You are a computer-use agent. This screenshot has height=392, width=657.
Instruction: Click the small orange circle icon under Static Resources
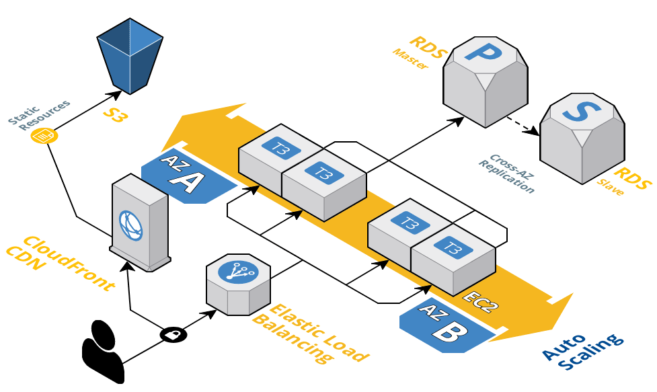44,136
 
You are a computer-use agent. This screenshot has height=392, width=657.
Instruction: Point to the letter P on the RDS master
486,54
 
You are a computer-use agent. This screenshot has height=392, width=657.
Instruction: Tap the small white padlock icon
173,334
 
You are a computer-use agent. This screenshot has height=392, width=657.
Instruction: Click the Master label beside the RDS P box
410,59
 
